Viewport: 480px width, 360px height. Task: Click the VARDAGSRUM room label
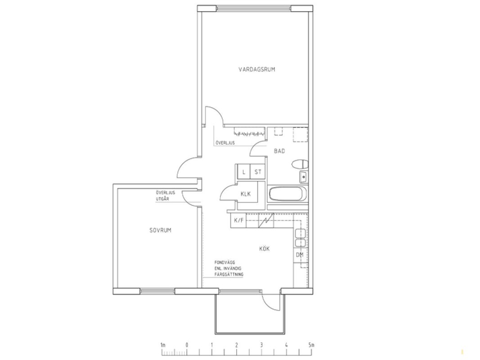[256, 69]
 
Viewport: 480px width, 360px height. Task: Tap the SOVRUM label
[160, 230]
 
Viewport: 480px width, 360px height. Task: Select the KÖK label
[264, 249]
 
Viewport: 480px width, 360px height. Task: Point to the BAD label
[279, 151]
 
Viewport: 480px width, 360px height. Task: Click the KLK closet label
[246, 194]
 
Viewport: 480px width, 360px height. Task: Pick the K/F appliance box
[238, 220]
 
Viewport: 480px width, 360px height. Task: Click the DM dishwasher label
[300, 255]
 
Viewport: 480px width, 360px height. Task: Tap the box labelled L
[244, 172]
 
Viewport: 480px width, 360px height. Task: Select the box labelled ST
[258, 172]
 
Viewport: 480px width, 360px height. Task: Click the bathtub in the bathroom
[287, 194]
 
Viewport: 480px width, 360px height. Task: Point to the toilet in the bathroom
[300, 164]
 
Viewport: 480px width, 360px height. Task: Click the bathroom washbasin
[303, 177]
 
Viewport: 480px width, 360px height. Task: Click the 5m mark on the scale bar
[311, 345]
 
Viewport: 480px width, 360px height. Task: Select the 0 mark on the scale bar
[187, 345]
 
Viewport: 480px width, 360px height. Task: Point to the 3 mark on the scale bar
[261, 345]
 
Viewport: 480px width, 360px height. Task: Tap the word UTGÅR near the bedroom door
[162, 199]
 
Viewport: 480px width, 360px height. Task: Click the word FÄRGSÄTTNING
[229, 274]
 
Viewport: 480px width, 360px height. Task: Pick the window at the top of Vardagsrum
[254, 8]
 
